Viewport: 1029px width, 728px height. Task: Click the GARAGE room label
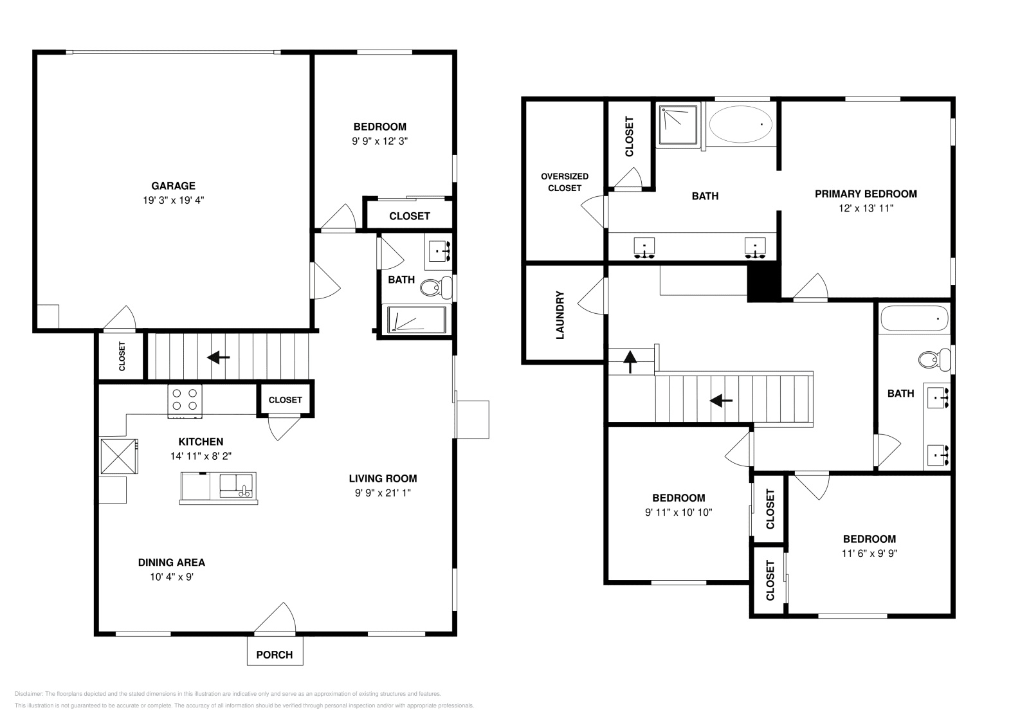click(173, 186)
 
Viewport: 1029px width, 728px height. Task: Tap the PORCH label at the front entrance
click(274, 655)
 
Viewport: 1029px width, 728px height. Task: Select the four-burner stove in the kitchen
click(185, 401)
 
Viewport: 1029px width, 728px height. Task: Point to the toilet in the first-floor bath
click(436, 287)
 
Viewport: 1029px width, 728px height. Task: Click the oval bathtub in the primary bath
click(740, 125)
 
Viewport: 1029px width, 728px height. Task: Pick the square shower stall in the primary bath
click(678, 124)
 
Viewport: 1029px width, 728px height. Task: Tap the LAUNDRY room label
click(560, 315)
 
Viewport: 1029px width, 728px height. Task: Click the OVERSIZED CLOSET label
click(565, 183)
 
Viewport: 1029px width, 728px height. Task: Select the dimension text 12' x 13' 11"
click(866, 208)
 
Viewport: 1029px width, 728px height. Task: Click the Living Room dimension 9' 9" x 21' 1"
click(383, 493)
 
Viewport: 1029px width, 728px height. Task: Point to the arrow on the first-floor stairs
click(218, 358)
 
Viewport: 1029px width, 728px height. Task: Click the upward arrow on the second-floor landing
click(630, 361)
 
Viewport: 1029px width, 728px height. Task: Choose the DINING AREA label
click(171, 563)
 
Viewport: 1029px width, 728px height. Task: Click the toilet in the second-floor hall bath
click(934, 359)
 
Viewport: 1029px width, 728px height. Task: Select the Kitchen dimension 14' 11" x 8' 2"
click(201, 456)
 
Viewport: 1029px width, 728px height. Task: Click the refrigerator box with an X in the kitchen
click(118, 457)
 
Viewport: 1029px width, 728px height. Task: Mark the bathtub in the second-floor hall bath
click(914, 318)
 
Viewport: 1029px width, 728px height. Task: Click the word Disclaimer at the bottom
click(28, 694)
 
